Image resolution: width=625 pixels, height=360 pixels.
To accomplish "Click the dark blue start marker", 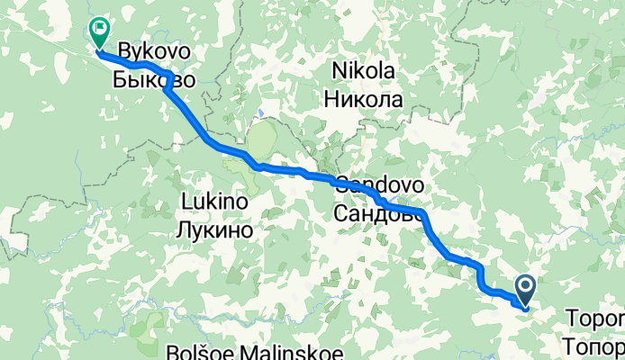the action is (x=525, y=288).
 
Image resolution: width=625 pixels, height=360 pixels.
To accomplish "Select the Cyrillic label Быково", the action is (x=155, y=78).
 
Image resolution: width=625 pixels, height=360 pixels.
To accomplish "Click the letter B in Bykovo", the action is (x=124, y=52).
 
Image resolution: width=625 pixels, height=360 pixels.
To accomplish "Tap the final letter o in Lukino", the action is (x=242, y=202).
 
